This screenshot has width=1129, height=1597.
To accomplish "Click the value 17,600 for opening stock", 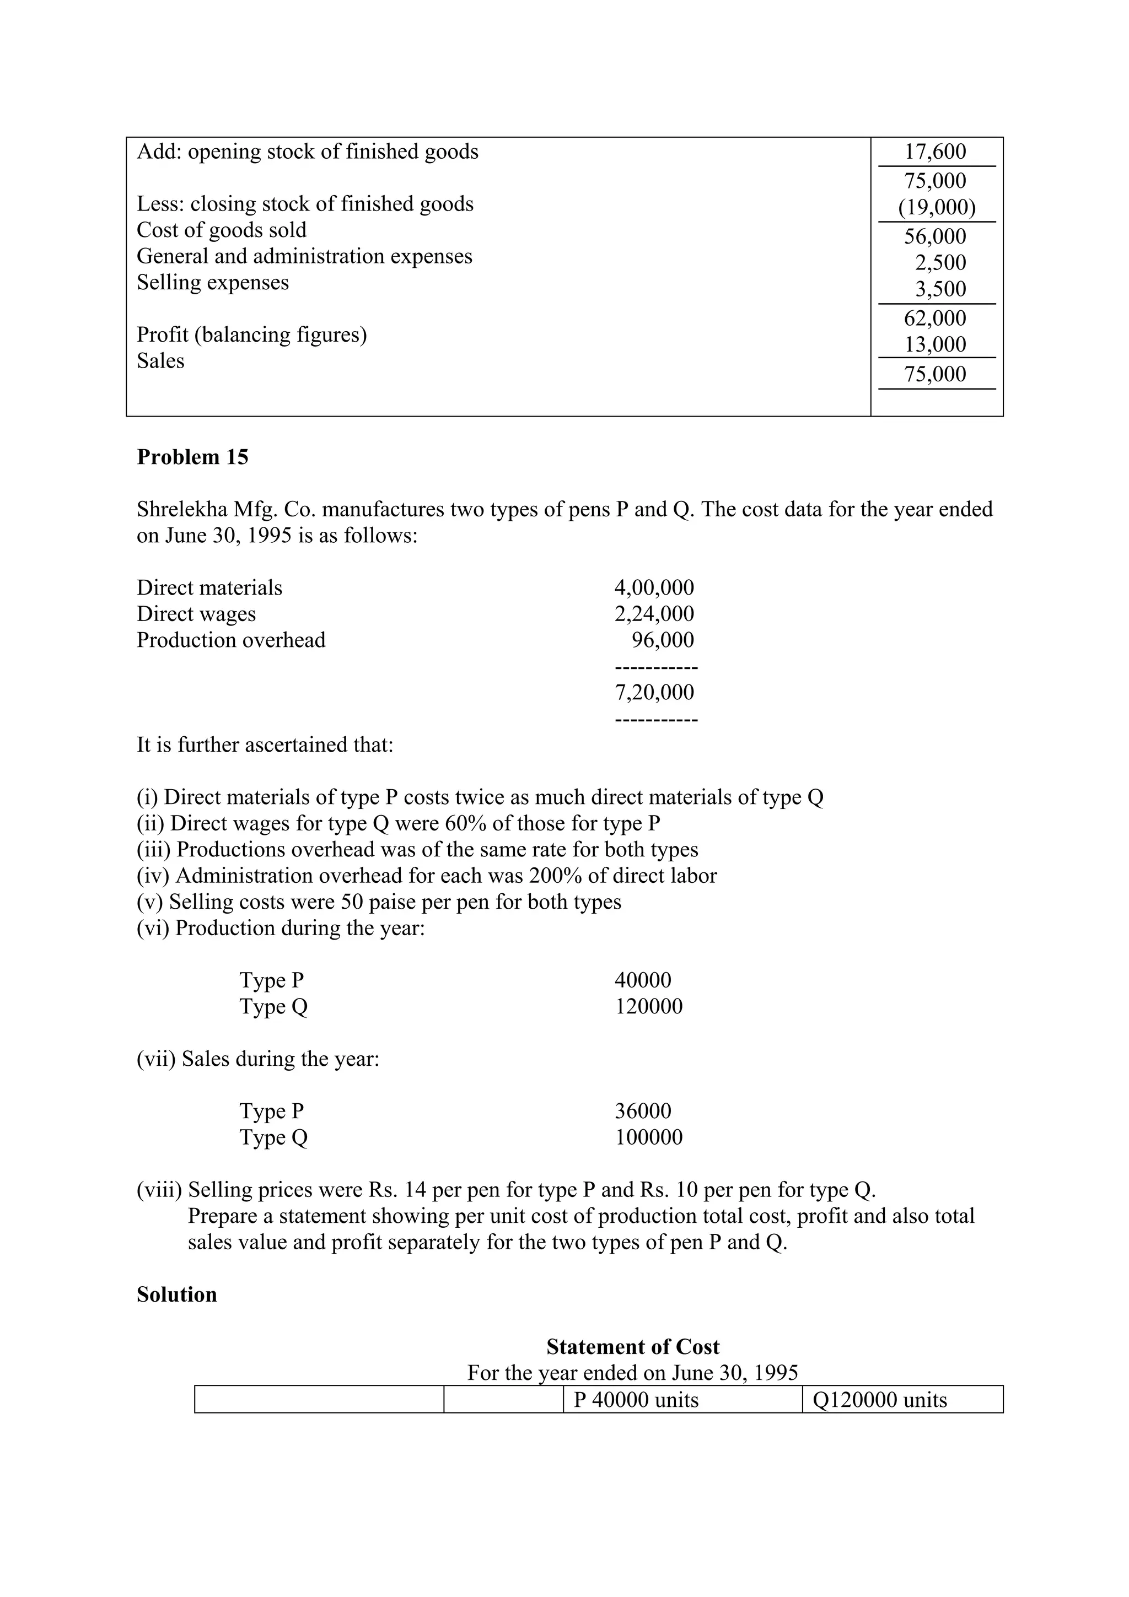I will (934, 152).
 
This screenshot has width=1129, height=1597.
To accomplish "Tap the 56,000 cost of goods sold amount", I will (934, 236).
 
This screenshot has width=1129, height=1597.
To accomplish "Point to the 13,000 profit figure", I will (934, 344).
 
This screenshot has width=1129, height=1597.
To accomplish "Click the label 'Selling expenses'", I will (212, 282).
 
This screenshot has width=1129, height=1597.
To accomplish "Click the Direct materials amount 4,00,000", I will (654, 588).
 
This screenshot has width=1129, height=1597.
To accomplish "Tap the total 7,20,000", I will (654, 692).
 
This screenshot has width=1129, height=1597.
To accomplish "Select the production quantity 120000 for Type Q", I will (648, 1006).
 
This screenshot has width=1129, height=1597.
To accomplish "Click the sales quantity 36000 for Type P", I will (643, 1111).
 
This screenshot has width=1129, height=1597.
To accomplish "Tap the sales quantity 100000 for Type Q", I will (648, 1137).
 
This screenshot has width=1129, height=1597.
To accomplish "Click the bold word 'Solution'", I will (177, 1294).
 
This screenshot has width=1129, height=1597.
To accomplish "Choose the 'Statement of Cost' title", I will (632, 1347).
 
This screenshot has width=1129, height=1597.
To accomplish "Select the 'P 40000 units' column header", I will (636, 1400).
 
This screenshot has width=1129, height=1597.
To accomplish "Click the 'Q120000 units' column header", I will (879, 1400).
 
